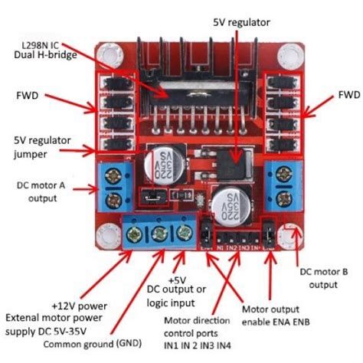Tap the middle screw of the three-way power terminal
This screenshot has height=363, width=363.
(162, 234)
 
